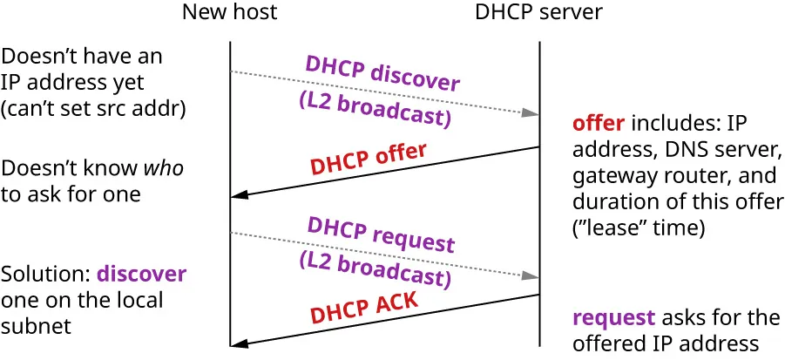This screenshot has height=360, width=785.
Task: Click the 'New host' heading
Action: (230, 12)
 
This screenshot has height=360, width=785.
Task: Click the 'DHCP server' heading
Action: (538, 12)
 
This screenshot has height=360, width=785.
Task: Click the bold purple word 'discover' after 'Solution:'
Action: (141, 274)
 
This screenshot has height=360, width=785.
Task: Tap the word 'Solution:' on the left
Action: (45, 274)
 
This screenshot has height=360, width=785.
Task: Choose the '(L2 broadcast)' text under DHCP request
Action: (375, 269)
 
